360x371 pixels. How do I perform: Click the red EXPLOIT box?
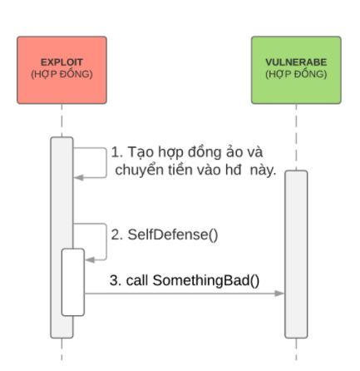tap(62, 70)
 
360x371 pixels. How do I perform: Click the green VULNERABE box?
tap(296, 70)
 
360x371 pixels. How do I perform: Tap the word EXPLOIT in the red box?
tap(62, 62)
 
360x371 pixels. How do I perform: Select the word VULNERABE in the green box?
tap(296, 62)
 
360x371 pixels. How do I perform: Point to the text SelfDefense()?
tap(173, 235)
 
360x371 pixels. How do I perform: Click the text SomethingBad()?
tap(206, 280)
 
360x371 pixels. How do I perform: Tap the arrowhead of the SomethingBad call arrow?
tap(279, 294)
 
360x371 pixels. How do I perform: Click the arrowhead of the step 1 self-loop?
tap(79, 177)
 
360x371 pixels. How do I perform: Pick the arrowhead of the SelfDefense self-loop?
tap(90, 260)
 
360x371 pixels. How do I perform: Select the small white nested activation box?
tap(73, 282)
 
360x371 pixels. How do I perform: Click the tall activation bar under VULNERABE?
tap(296, 255)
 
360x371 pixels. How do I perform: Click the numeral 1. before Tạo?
tap(117, 152)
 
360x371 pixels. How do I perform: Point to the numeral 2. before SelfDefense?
tap(117, 235)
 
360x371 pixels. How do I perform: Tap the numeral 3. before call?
tap(116, 280)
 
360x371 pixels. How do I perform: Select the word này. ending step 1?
tap(263, 170)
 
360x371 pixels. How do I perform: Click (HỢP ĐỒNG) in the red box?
tap(62, 74)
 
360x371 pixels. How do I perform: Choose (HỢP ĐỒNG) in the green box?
tap(296, 74)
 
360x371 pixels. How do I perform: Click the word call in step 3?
tap(137, 280)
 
